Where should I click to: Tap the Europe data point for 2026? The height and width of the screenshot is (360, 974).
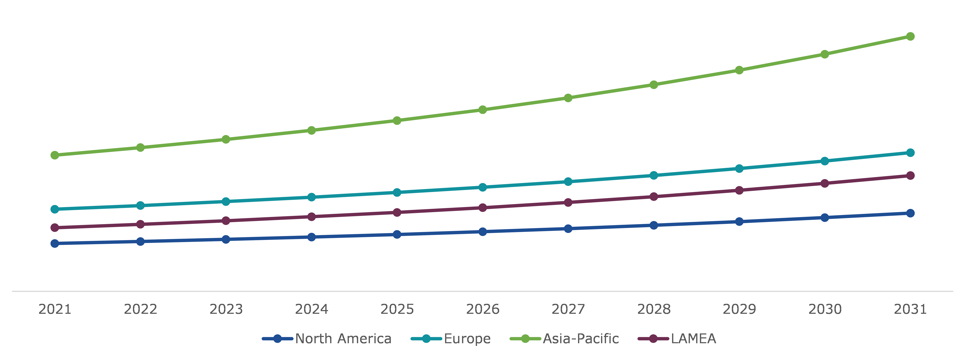[483, 187]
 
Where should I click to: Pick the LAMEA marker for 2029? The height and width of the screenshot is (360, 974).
[739, 190]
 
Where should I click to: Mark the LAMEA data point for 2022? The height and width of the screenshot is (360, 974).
[140, 224]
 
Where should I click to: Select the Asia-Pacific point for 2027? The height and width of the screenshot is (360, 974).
[568, 98]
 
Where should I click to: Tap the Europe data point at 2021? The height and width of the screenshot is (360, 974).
[55, 209]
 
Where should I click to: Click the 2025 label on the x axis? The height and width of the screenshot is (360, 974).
[397, 309]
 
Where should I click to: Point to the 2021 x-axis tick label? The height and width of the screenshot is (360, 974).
[55, 309]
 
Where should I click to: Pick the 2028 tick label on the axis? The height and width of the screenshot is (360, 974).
[654, 309]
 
